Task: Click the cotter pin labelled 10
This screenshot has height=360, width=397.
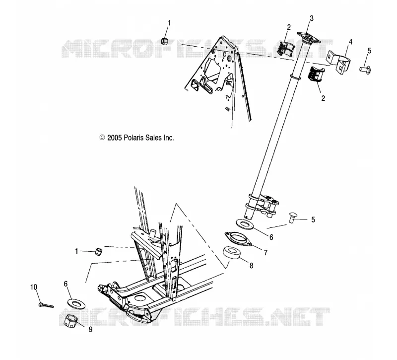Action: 46,305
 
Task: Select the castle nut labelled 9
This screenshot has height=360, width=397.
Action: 70,321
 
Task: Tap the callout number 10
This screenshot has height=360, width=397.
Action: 34,287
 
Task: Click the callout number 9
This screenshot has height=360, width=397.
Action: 90,329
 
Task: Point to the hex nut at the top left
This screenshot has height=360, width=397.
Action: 165,41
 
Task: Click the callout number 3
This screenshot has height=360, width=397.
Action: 312,18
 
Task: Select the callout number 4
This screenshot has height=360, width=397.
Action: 351,42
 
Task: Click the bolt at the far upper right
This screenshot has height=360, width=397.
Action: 365,69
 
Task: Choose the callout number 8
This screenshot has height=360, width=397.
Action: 252,266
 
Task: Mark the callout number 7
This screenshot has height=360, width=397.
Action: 265,253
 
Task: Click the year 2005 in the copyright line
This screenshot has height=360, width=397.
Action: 115,138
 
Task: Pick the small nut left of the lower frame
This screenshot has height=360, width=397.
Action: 98,251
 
